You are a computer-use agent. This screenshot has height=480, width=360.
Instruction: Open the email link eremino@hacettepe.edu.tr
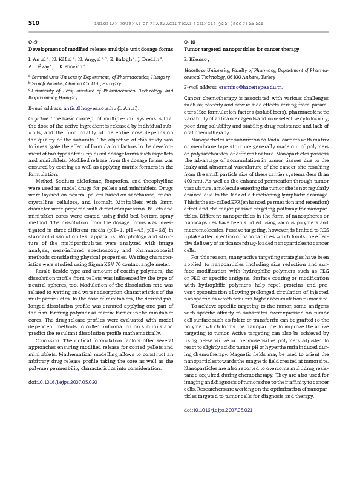pos(241,88)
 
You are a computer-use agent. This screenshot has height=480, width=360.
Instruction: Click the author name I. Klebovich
pos(73,68)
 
